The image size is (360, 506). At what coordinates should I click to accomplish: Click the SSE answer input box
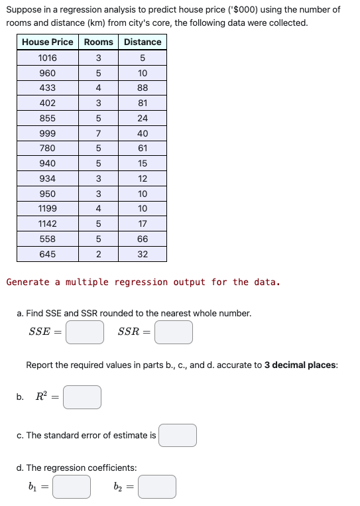pos(84,332)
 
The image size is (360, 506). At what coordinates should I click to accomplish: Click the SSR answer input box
pos(174,332)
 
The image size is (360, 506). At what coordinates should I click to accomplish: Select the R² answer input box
pos(82,397)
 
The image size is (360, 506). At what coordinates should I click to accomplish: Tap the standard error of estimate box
pos(178,435)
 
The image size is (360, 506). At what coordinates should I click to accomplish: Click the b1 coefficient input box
pos(72,487)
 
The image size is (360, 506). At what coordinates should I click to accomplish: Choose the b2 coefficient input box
pos(157,487)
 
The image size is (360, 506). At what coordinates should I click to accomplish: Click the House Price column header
pos(48,42)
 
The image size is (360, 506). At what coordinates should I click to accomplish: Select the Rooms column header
pos(98,42)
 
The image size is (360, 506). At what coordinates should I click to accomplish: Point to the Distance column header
pos(143,42)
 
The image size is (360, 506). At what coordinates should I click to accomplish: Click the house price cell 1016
pos(48,58)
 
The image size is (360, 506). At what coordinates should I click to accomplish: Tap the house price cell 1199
pos(48,209)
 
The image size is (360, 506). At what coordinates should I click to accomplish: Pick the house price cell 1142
pos(48,224)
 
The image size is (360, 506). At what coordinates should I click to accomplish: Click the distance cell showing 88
pos(143,88)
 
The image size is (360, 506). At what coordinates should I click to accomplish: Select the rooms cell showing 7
pos(98,133)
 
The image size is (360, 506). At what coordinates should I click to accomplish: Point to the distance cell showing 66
pos(143,239)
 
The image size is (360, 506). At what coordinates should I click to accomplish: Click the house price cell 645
pos(48,254)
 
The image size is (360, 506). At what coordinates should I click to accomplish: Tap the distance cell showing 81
pos(143,103)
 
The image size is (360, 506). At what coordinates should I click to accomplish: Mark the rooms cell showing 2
pos(98,254)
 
